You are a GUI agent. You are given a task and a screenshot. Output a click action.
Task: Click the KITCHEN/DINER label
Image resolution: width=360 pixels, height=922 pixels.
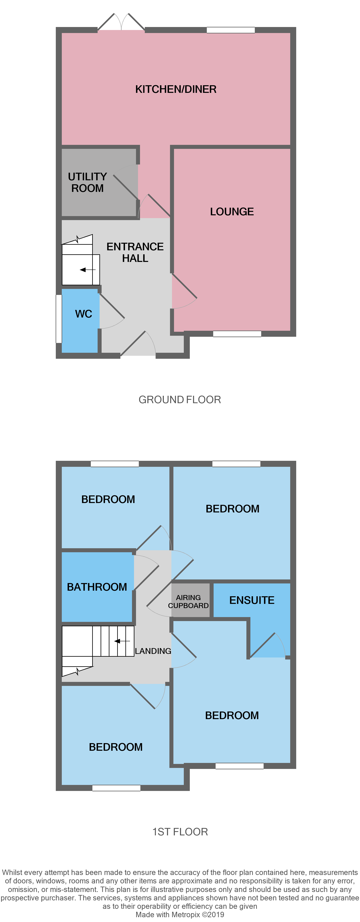point(176,89)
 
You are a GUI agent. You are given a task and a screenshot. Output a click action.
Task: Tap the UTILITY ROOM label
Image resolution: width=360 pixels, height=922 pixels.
point(87,182)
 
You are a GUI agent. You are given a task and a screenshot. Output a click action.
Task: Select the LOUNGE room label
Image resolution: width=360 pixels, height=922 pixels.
point(232,211)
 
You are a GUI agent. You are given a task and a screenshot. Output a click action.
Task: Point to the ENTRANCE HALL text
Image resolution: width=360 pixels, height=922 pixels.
point(135,252)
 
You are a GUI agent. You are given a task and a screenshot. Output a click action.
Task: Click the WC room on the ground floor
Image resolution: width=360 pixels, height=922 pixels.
point(83,314)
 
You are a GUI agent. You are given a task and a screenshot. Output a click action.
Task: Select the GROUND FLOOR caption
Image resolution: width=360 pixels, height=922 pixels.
point(180,399)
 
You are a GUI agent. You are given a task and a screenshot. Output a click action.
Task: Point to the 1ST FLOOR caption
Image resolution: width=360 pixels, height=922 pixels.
point(180,831)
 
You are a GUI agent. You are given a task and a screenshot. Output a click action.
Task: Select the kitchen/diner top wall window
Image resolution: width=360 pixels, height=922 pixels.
point(231,30)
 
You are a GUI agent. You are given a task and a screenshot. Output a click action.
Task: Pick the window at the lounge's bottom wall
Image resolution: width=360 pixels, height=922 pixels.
point(237,334)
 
